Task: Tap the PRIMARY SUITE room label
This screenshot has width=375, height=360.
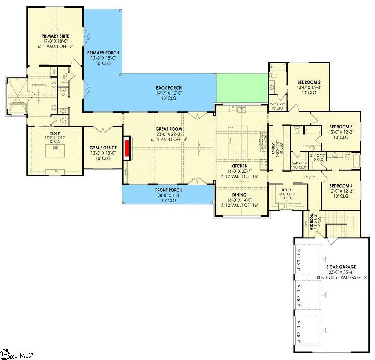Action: click(55, 36)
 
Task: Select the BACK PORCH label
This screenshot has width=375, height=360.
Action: click(169, 88)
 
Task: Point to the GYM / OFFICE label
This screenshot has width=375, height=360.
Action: click(103, 148)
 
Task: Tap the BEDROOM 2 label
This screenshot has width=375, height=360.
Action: click(309, 82)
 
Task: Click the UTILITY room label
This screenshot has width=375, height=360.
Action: click(287, 190)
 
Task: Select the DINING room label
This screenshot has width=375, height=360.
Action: click(239, 195)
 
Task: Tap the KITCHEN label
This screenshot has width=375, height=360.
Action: click(239, 166)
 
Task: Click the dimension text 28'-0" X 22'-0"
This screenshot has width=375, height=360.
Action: click(168, 134)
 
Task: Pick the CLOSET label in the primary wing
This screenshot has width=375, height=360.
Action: click(55, 133)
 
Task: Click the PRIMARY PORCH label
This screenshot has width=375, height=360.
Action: click(100, 53)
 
